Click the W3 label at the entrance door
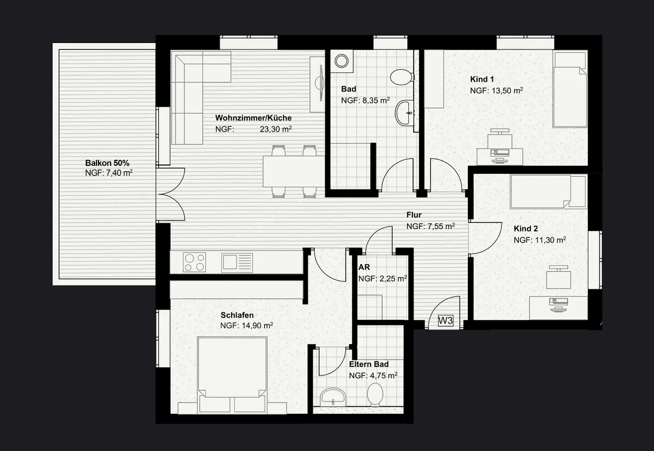(445, 321)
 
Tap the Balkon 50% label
(107, 163)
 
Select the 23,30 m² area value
(275, 129)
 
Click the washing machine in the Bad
(341, 61)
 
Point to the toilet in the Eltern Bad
(375, 394)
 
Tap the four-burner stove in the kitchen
(194, 262)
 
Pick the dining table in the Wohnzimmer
(293, 171)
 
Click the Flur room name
(414, 215)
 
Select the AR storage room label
(364, 267)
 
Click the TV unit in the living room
(318, 84)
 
